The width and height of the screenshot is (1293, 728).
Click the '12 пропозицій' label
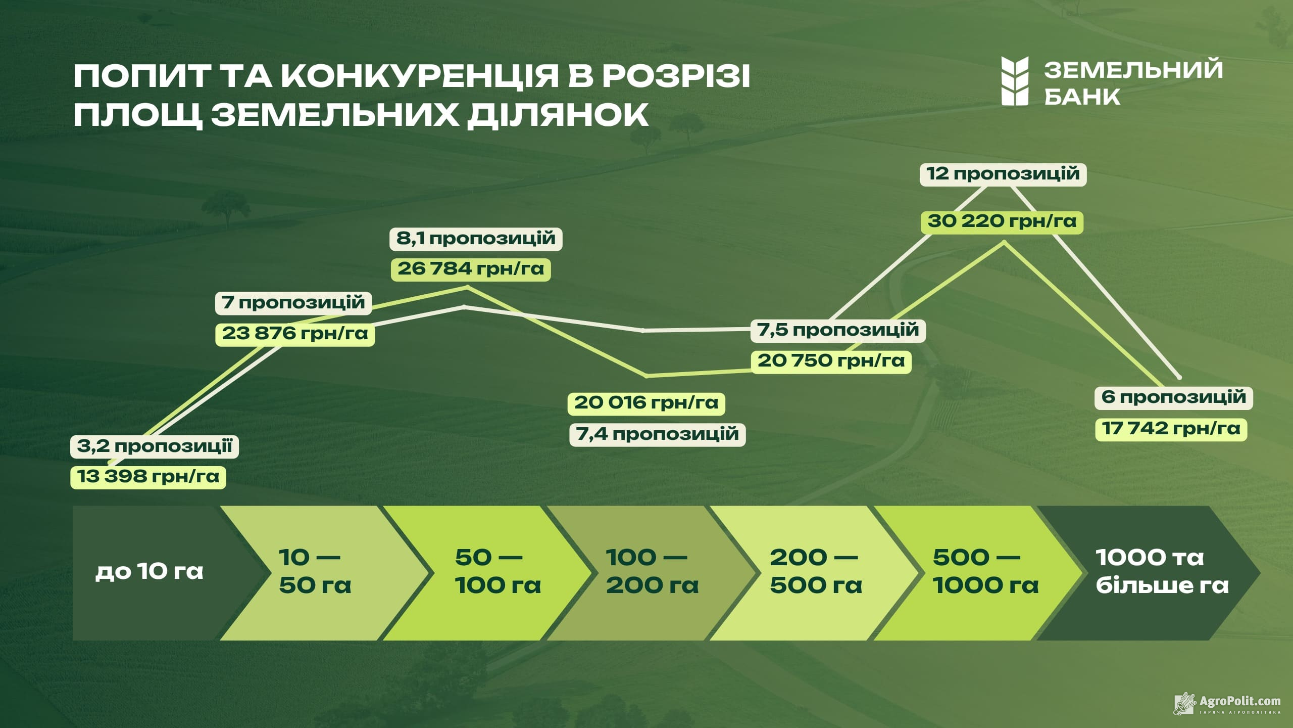click(x=1003, y=174)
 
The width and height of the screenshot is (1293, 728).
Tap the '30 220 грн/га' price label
click(x=1002, y=221)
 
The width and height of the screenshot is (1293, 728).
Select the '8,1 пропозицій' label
click(x=476, y=238)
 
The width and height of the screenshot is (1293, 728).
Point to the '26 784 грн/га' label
click(x=471, y=268)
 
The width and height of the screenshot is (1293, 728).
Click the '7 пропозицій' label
click(x=293, y=303)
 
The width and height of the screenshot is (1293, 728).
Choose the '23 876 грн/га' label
click(x=295, y=334)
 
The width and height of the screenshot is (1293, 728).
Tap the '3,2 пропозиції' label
click(x=155, y=446)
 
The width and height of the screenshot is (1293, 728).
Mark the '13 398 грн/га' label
click(x=148, y=477)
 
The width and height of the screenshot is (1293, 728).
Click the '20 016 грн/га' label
click(x=646, y=403)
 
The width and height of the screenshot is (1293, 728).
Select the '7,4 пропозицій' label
click(x=658, y=434)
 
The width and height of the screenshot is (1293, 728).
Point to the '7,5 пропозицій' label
click(x=838, y=330)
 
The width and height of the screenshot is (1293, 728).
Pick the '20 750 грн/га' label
click(x=831, y=361)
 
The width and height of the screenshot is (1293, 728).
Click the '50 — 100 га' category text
click(x=498, y=572)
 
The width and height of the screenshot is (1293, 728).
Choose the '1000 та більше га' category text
click(x=1162, y=572)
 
